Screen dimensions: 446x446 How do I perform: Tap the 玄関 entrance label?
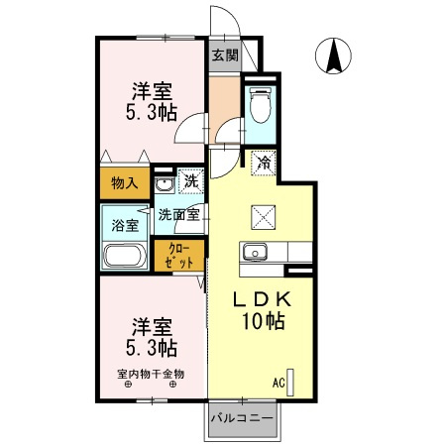225,56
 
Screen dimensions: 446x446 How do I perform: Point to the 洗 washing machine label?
190,182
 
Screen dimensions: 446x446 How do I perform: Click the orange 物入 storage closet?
124,183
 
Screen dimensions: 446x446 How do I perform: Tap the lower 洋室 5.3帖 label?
151,337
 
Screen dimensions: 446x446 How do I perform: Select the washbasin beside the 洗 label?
166,183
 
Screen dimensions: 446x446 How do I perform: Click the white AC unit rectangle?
291,383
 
